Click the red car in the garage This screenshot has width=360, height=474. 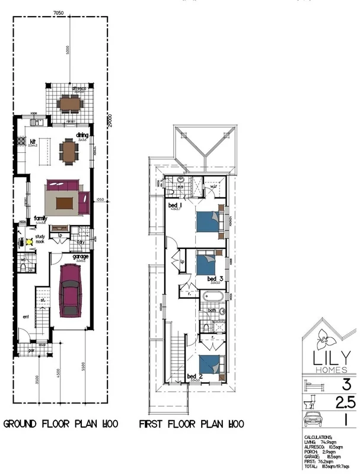71,291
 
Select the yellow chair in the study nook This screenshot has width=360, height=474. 28,242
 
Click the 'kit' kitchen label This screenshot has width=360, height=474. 18,142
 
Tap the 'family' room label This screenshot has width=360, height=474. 40,218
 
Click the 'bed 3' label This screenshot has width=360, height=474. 215,278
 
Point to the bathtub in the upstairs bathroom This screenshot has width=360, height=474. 212,296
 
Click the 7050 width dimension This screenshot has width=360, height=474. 58,12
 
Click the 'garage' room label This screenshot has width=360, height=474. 81,257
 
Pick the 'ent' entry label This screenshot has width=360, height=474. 26,318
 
